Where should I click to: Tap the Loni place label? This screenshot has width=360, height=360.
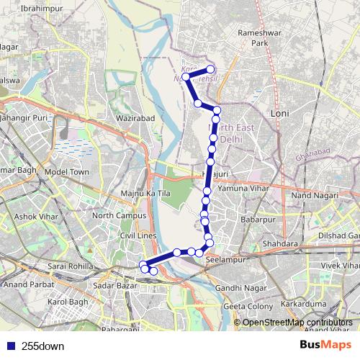pyautogui.click(x=279, y=114)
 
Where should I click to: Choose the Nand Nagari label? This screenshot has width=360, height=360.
pyautogui.click(x=315, y=196)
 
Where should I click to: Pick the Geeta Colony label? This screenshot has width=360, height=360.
pyautogui.click(x=248, y=306)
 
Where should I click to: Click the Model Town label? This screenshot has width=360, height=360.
pyautogui.click(x=66, y=173)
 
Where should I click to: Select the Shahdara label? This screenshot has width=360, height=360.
pyautogui.click(x=280, y=245)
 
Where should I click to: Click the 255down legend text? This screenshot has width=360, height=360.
pyautogui.click(x=43, y=346)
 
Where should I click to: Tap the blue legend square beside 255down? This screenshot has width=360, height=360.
pyautogui.click(x=10, y=346)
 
